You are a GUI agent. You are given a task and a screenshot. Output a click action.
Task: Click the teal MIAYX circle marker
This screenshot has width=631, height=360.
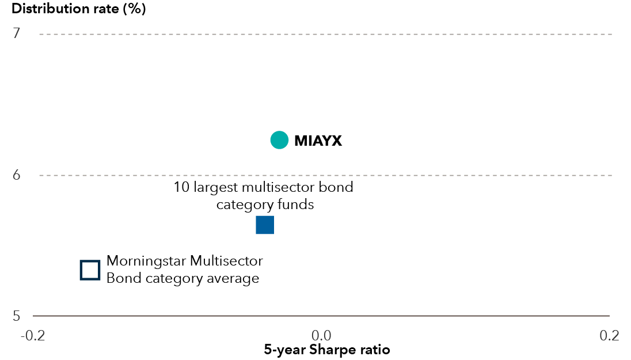pos(279,140)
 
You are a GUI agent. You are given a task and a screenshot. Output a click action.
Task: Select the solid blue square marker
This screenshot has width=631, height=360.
pos(265,225)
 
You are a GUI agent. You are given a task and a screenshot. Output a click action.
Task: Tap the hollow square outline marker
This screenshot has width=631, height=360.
pos(90,270)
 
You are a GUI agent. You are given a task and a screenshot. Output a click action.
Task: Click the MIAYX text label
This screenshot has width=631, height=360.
pos(318,141)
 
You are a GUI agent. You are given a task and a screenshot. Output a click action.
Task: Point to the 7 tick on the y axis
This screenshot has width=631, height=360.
pos(17,33)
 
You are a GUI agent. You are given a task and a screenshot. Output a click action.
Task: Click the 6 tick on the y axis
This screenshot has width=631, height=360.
pos(17,175)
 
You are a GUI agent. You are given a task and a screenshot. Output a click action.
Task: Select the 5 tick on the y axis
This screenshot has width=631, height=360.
pos(17,316)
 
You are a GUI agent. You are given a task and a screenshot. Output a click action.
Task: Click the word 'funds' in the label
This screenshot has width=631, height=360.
pos(297,204)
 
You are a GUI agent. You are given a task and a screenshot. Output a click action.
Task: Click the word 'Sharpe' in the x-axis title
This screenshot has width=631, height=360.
pos(335,350)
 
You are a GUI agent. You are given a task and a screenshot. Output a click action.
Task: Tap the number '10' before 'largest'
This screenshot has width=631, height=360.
pos(181,188)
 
